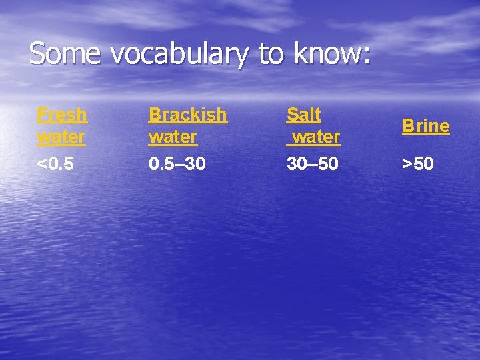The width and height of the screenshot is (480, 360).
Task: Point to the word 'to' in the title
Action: [x=271, y=54]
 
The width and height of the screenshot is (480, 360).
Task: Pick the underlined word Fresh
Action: [x=62, y=115]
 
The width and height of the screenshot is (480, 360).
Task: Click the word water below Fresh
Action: [x=61, y=137]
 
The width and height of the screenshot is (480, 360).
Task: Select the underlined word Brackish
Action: [x=187, y=115]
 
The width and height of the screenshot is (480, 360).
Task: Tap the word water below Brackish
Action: [x=173, y=137]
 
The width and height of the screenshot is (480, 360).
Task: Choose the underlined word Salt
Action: [x=304, y=115]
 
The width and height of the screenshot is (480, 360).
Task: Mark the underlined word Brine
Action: [x=425, y=126]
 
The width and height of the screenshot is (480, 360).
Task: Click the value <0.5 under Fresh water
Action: [x=55, y=163]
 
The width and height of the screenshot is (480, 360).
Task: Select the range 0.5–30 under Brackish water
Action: [x=177, y=163]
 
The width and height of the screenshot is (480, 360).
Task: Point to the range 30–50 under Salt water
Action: [x=312, y=163]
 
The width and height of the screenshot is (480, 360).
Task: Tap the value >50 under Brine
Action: [x=417, y=163]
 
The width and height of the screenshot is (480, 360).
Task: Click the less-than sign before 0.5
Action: [x=41, y=163]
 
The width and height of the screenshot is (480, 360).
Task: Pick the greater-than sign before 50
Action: [x=406, y=163]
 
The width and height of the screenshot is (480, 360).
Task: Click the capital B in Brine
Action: [x=407, y=126]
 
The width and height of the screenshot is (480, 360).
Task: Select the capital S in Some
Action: [x=37, y=53]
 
